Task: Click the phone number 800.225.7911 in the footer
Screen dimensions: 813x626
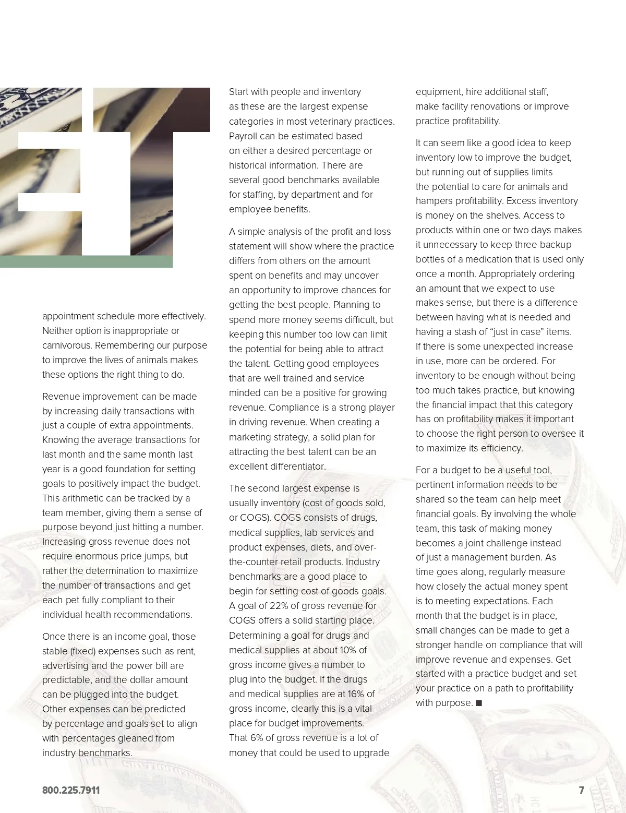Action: pos(71,790)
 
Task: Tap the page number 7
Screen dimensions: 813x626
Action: pos(581,790)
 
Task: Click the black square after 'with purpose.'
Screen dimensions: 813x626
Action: pos(479,703)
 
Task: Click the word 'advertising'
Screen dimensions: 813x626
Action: pos(65,666)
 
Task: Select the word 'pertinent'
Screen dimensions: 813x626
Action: pos(434,485)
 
